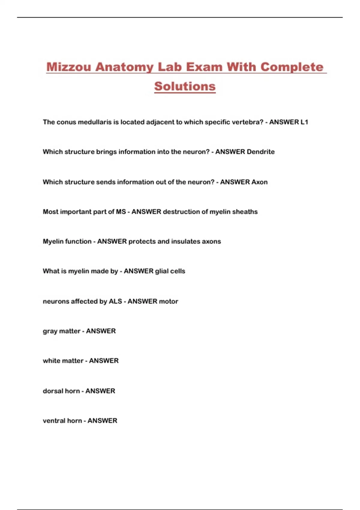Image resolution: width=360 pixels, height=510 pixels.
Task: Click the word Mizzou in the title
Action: click(x=68, y=67)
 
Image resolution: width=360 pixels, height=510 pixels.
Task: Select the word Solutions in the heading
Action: click(x=185, y=86)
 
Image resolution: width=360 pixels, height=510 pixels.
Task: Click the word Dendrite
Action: click(x=260, y=152)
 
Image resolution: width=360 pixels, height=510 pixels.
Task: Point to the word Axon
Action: click(x=259, y=182)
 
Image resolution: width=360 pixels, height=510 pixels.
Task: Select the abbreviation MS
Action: click(x=121, y=212)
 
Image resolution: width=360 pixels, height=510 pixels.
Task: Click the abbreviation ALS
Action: click(x=115, y=301)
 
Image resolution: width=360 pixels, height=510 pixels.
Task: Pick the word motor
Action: click(x=169, y=301)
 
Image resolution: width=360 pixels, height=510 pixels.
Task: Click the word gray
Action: click(x=50, y=331)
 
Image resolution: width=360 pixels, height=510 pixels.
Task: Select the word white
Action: click(x=52, y=361)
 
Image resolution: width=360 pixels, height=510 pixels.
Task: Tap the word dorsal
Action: click(x=53, y=391)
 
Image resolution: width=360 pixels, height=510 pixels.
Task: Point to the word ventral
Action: click(x=54, y=421)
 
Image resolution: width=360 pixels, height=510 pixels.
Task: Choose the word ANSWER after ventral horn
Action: click(x=102, y=421)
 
